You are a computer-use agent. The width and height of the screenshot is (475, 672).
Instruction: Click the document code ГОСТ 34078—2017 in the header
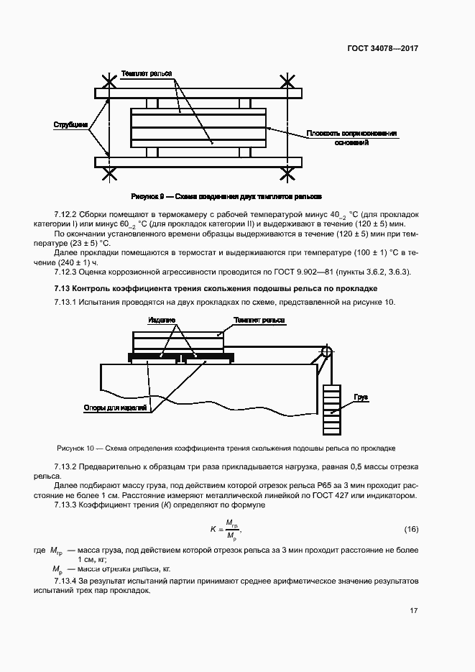pyautogui.click(x=383, y=49)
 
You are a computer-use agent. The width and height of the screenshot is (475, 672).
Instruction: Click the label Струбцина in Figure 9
pyautogui.click(x=71, y=125)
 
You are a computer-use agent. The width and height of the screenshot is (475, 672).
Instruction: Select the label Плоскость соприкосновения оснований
pyautogui.click(x=351, y=138)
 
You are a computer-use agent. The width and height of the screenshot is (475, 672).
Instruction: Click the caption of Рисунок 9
pyautogui.click(x=226, y=195)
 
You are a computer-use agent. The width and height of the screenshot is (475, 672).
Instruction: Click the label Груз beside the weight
pyautogui.click(x=361, y=397)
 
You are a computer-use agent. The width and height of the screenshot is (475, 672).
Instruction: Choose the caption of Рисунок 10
pyautogui.click(x=226, y=448)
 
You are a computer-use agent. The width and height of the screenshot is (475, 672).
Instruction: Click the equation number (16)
pyautogui.click(x=411, y=530)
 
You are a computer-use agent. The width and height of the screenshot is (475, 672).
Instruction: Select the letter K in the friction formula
pyautogui.click(x=213, y=530)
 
